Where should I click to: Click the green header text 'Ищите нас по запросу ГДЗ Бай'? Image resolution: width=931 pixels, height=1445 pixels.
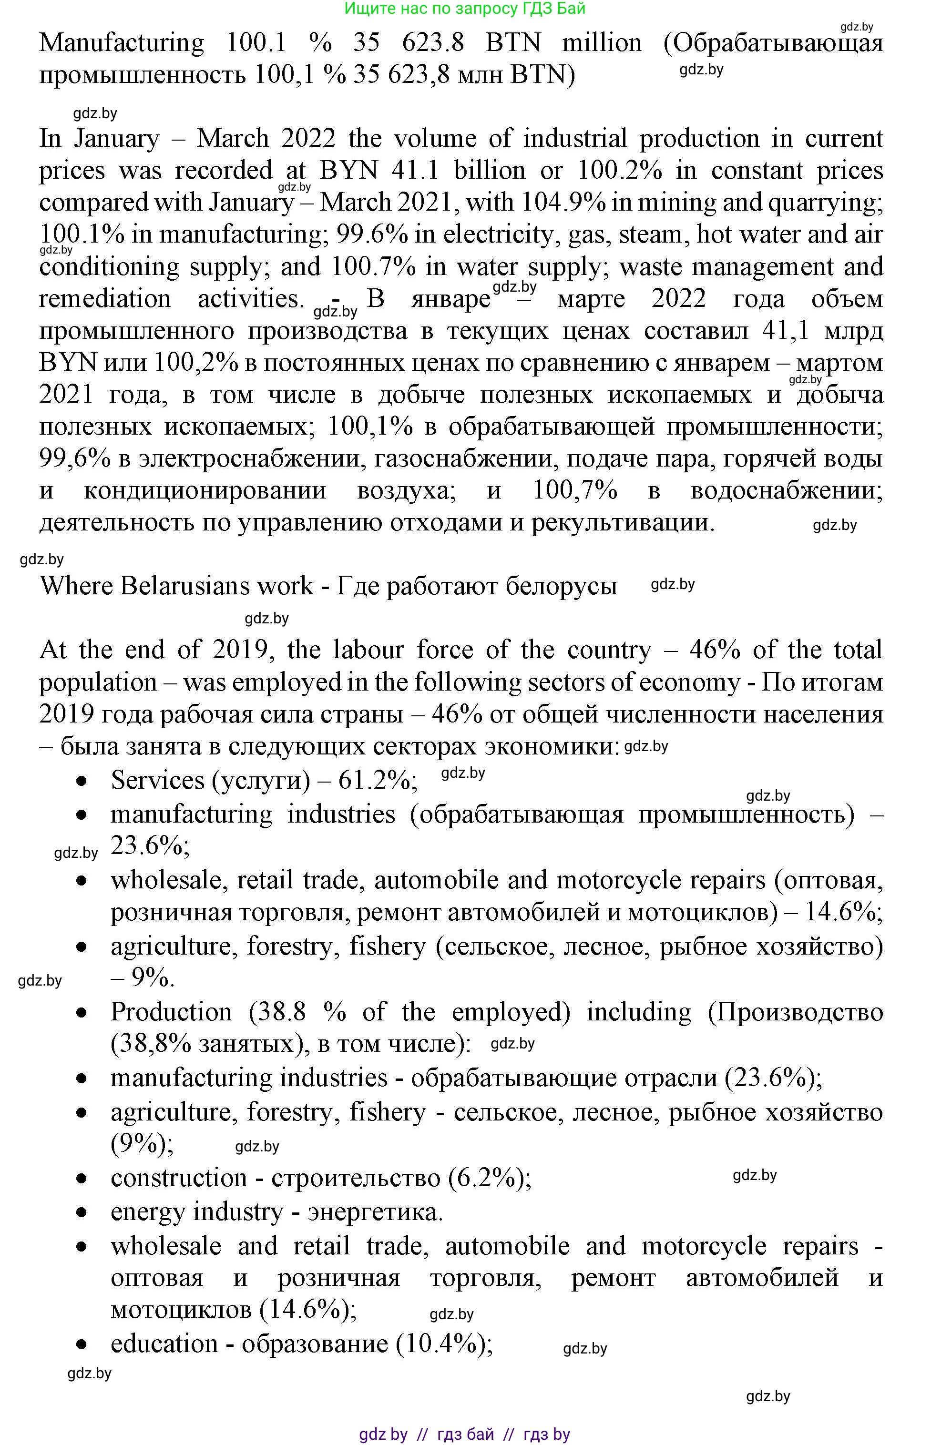[464, 9]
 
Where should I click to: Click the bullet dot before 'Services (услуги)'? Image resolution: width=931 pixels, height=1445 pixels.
[82, 782]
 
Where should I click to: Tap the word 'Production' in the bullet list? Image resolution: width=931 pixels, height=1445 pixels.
[171, 1012]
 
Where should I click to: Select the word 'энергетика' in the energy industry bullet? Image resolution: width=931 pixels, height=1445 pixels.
[375, 1212]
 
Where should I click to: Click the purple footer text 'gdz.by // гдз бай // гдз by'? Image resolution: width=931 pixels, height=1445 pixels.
[464, 1434]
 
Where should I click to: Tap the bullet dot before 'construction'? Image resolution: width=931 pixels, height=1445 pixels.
[82, 1179]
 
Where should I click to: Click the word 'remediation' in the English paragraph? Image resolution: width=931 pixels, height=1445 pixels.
[105, 298]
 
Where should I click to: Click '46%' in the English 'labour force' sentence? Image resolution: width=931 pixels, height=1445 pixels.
[715, 650]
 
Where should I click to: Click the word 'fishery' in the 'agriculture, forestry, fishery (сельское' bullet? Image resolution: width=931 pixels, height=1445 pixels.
[388, 946]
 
